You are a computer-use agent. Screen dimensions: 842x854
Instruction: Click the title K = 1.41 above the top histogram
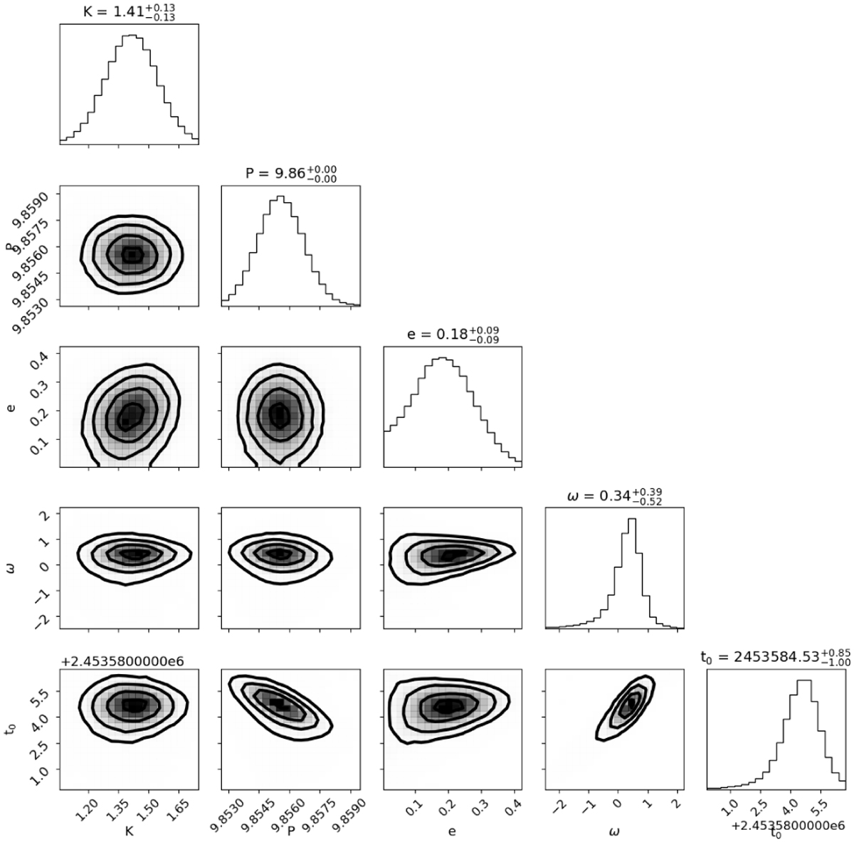129,11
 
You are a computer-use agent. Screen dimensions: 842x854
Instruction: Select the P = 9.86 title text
290,173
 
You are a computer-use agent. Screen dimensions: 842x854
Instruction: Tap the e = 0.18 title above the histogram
452,335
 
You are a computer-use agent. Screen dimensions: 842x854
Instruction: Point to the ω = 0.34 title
613,495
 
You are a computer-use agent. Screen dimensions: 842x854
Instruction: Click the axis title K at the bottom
129,829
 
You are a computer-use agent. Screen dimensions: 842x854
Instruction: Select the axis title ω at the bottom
614,829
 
